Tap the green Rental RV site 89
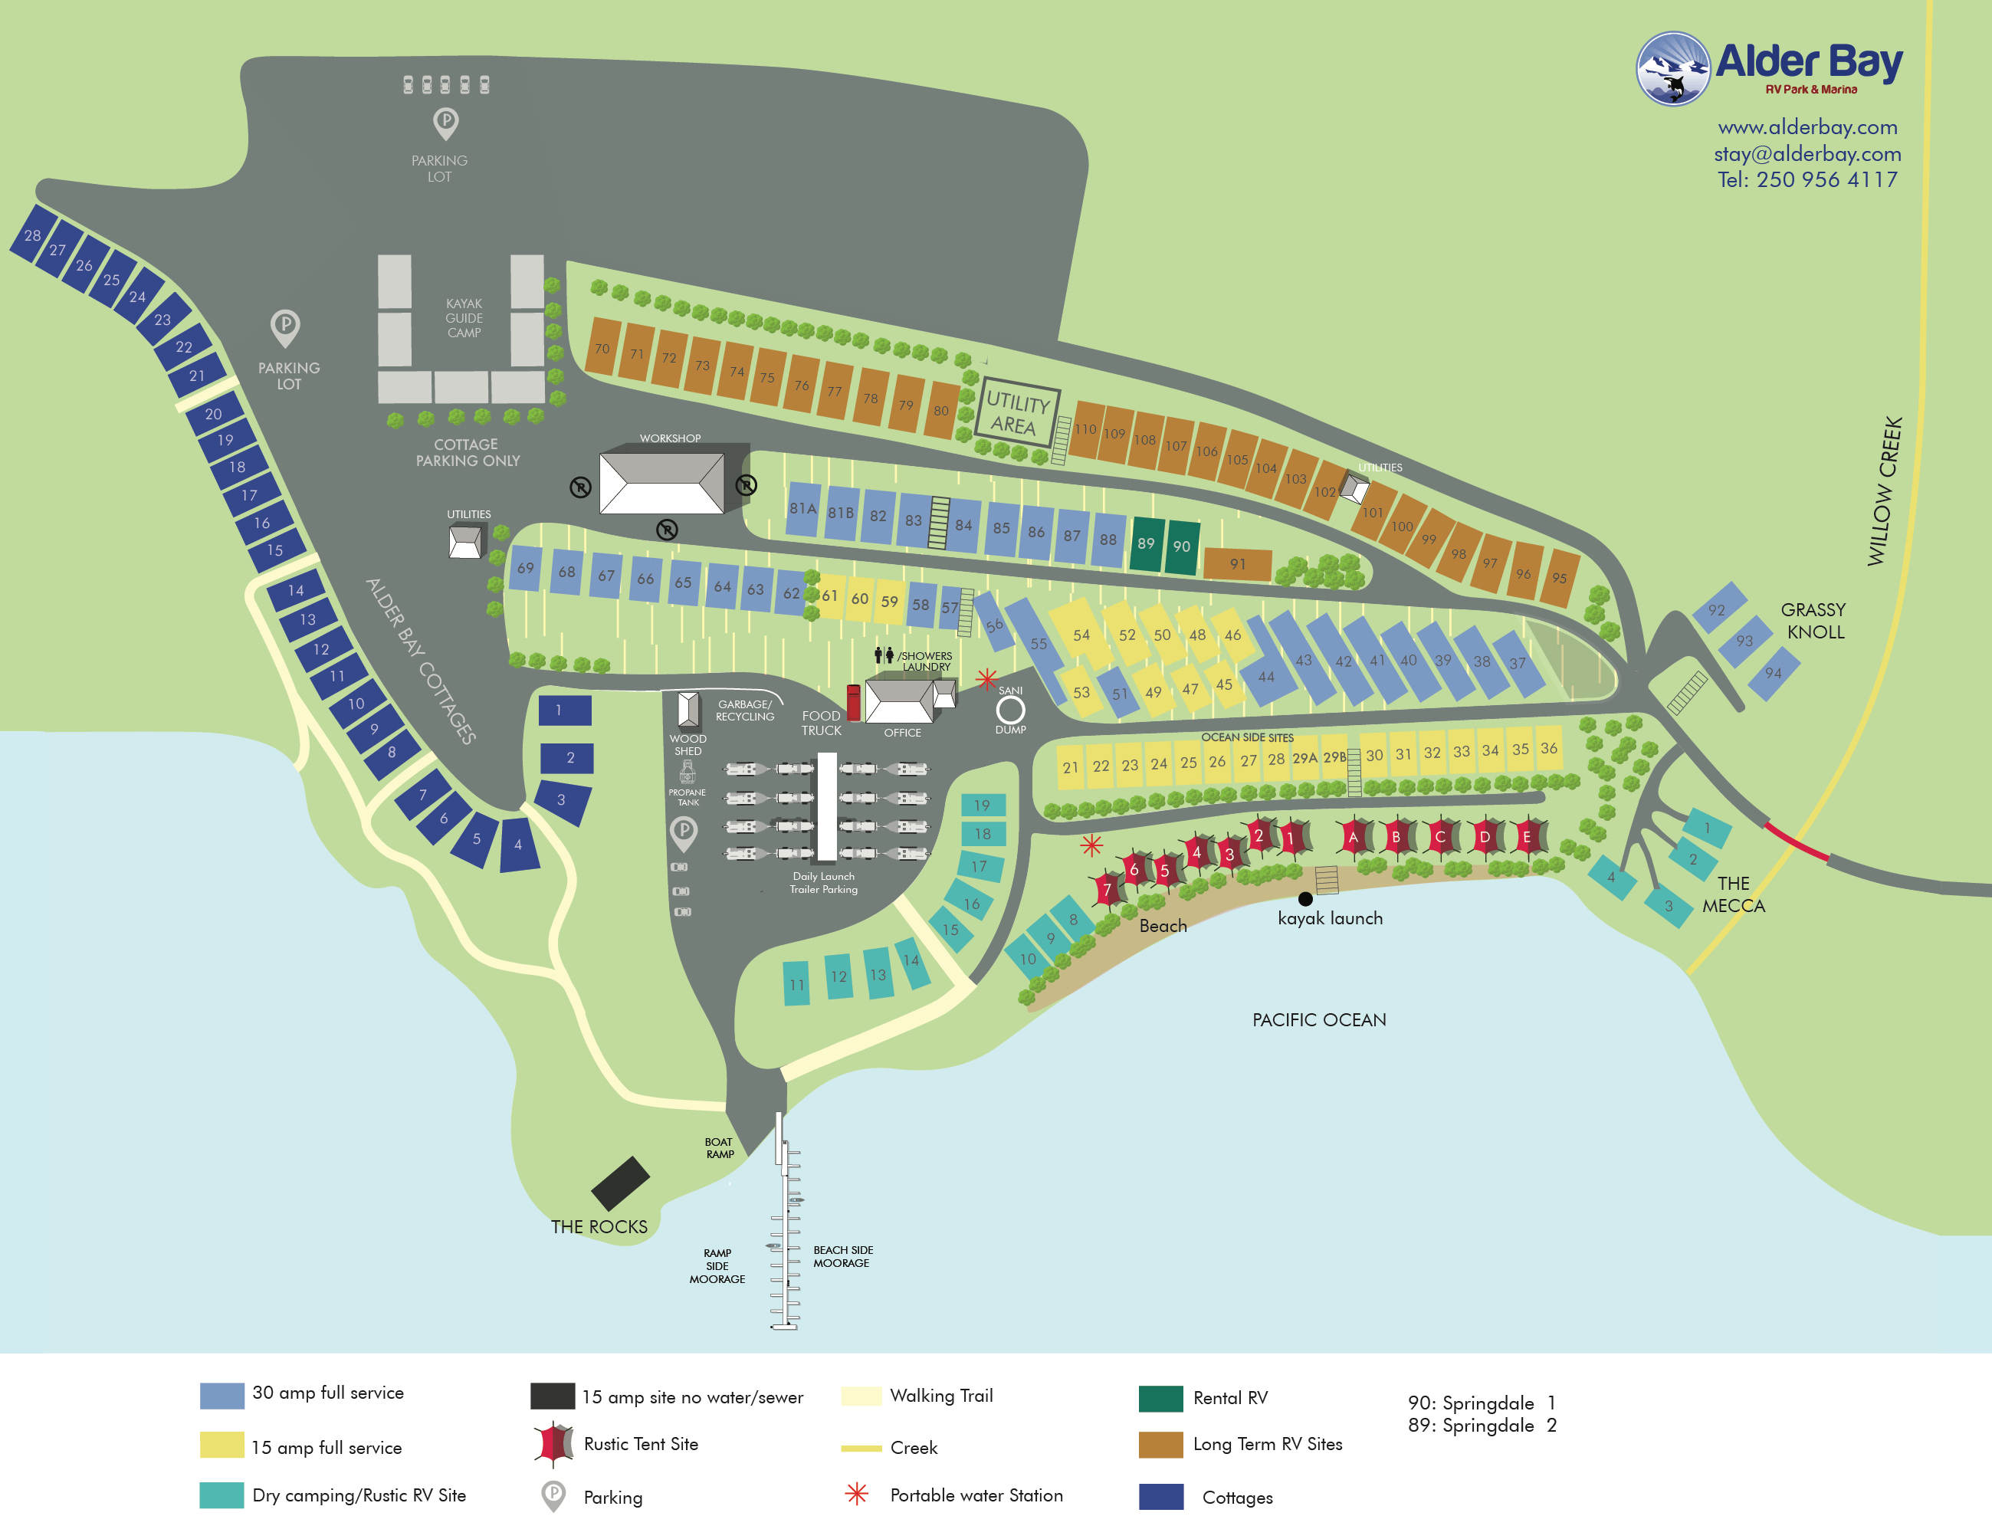click(x=1146, y=545)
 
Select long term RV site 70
click(x=602, y=346)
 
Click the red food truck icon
click(x=854, y=703)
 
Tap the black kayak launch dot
click(x=1305, y=898)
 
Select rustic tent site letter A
click(x=1353, y=836)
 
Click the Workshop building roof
click(x=662, y=481)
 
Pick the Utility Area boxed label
click(x=1017, y=413)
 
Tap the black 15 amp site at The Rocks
click(x=620, y=1183)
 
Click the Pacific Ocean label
click(x=1319, y=1020)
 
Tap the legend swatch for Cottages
click(x=1161, y=1497)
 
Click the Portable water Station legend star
click(x=856, y=1493)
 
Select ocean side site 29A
click(x=1304, y=758)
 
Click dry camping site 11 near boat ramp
click(x=796, y=983)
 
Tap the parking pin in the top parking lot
click(x=445, y=121)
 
